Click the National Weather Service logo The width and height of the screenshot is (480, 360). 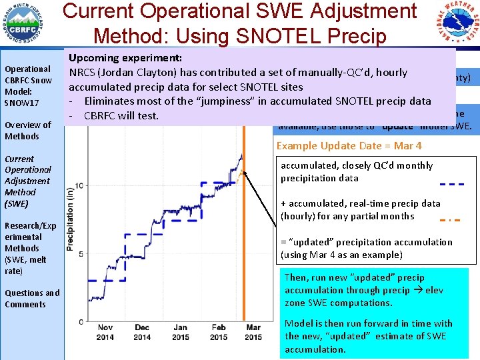pyautogui.click(x=455, y=25)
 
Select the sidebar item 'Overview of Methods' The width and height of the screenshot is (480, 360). pyautogui.click(x=28, y=130)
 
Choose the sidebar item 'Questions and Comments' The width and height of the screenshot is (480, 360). pyautogui.click(x=32, y=298)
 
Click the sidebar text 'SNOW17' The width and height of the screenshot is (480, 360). pyautogui.click(x=22, y=103)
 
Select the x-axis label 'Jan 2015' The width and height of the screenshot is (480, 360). pyautogui.click(x=180, y=332)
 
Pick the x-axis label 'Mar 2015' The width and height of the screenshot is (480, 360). pyautogui.click(x=253, y=332)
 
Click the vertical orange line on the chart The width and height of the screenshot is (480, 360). pyautogui.click(x=244, y=233)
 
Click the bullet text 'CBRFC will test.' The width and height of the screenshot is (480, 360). pyautogui.click(x=121, y=115)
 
